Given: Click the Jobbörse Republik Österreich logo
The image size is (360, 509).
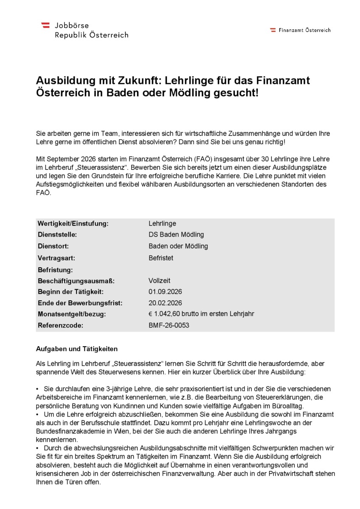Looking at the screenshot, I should pos(84,30).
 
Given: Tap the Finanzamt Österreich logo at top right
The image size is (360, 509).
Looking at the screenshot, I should pos(300,30).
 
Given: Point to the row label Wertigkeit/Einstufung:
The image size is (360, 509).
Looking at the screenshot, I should pos(73,224).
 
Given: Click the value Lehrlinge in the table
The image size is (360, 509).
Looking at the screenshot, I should pos(162,224).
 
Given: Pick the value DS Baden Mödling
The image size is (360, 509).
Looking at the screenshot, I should pos(176,235).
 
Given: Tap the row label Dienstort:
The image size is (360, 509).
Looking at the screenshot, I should pos(53,246).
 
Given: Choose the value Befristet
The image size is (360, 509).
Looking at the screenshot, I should pos(161,258).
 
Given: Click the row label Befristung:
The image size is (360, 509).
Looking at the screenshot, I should pos(55,269).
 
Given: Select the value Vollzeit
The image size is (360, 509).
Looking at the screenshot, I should pos(160,280).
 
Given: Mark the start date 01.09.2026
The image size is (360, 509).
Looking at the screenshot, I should pos(165,292).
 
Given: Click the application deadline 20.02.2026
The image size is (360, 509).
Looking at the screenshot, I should pos(165,303).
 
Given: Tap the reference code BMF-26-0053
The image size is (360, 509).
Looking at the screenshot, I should pos(169,325).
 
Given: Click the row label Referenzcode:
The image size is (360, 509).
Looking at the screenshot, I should pos(61,325).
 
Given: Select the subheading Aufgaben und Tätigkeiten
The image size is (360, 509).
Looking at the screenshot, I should pos(76,349).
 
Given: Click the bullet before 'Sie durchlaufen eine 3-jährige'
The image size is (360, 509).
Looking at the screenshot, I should pos(38,389).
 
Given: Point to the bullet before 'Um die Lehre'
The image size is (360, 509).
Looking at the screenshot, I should pos(38,414).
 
